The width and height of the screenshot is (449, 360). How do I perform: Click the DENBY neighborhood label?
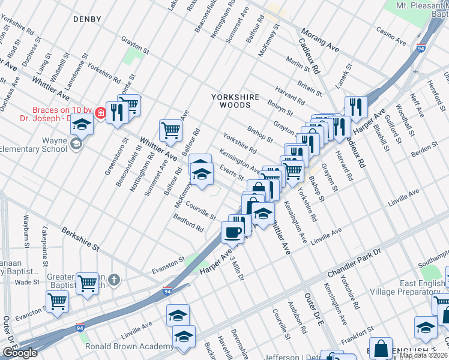coord(87,19)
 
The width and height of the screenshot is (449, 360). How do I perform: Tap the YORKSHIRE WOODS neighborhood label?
coord(231,100)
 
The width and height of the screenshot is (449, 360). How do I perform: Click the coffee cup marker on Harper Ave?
coord(233,231)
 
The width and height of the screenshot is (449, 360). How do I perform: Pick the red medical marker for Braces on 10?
coord(101,111)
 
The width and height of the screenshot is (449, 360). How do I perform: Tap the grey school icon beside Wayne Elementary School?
coord(76,143)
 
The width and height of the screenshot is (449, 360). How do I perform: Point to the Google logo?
coord(20,353)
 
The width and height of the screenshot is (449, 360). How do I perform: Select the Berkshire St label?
coord(79,238)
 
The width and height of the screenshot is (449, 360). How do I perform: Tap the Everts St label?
coord(231,173)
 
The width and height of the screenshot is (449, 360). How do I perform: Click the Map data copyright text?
coord(424,355)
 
